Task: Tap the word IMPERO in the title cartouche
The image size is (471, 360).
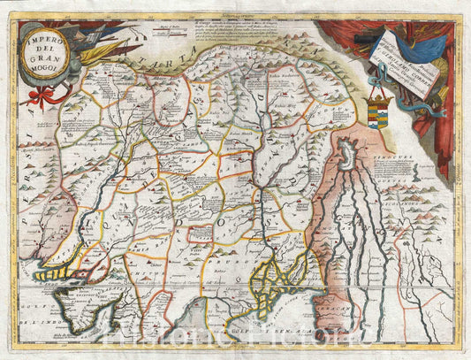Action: pos(41,44)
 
